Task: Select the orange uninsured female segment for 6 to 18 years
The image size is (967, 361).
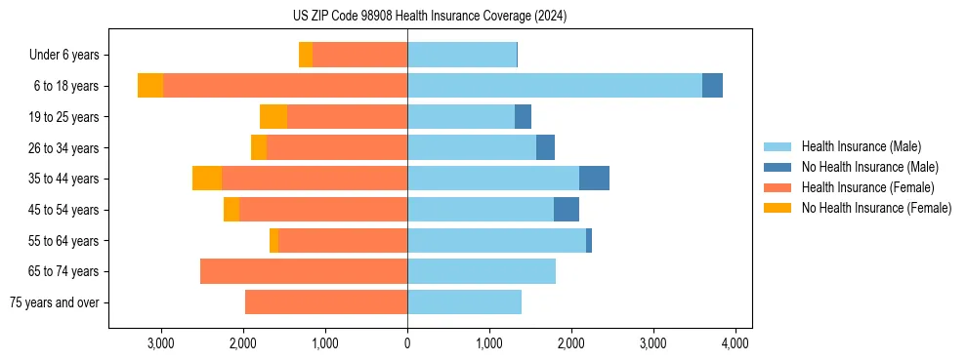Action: coord(150,86)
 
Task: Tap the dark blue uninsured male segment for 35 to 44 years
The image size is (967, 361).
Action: coord(594,179)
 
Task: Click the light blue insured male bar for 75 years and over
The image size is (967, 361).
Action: coord(464,302)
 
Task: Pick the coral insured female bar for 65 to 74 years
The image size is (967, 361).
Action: coord(304,271)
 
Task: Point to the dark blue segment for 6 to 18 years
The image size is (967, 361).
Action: coord(712,86)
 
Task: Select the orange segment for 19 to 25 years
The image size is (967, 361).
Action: coord(273,117)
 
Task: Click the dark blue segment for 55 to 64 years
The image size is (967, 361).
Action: coord(589,240)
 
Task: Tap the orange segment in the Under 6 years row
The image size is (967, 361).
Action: coord(306,56)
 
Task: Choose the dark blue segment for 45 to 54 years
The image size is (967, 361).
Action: coord(567,210)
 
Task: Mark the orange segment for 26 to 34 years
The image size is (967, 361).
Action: coord(259,147)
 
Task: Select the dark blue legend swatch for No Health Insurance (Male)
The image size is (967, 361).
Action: coord(778,167)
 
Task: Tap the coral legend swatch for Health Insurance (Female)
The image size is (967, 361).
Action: coord(778,187)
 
